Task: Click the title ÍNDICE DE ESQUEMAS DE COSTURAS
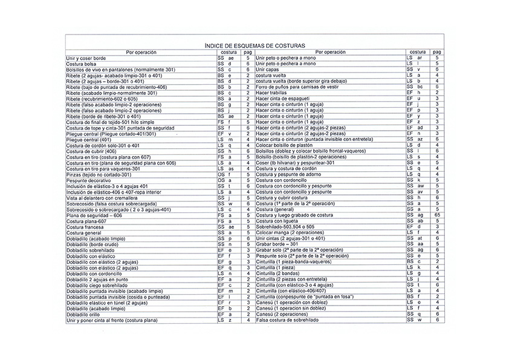[254, 45]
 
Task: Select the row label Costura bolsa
[82, 64]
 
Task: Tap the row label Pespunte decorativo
[89, 180]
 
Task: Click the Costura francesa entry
[85, 227]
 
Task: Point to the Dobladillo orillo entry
[83, 314]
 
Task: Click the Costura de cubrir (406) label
[91, 151]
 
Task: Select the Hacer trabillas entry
[271, 93]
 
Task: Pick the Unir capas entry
[268, 70]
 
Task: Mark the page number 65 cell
[436, 215]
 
